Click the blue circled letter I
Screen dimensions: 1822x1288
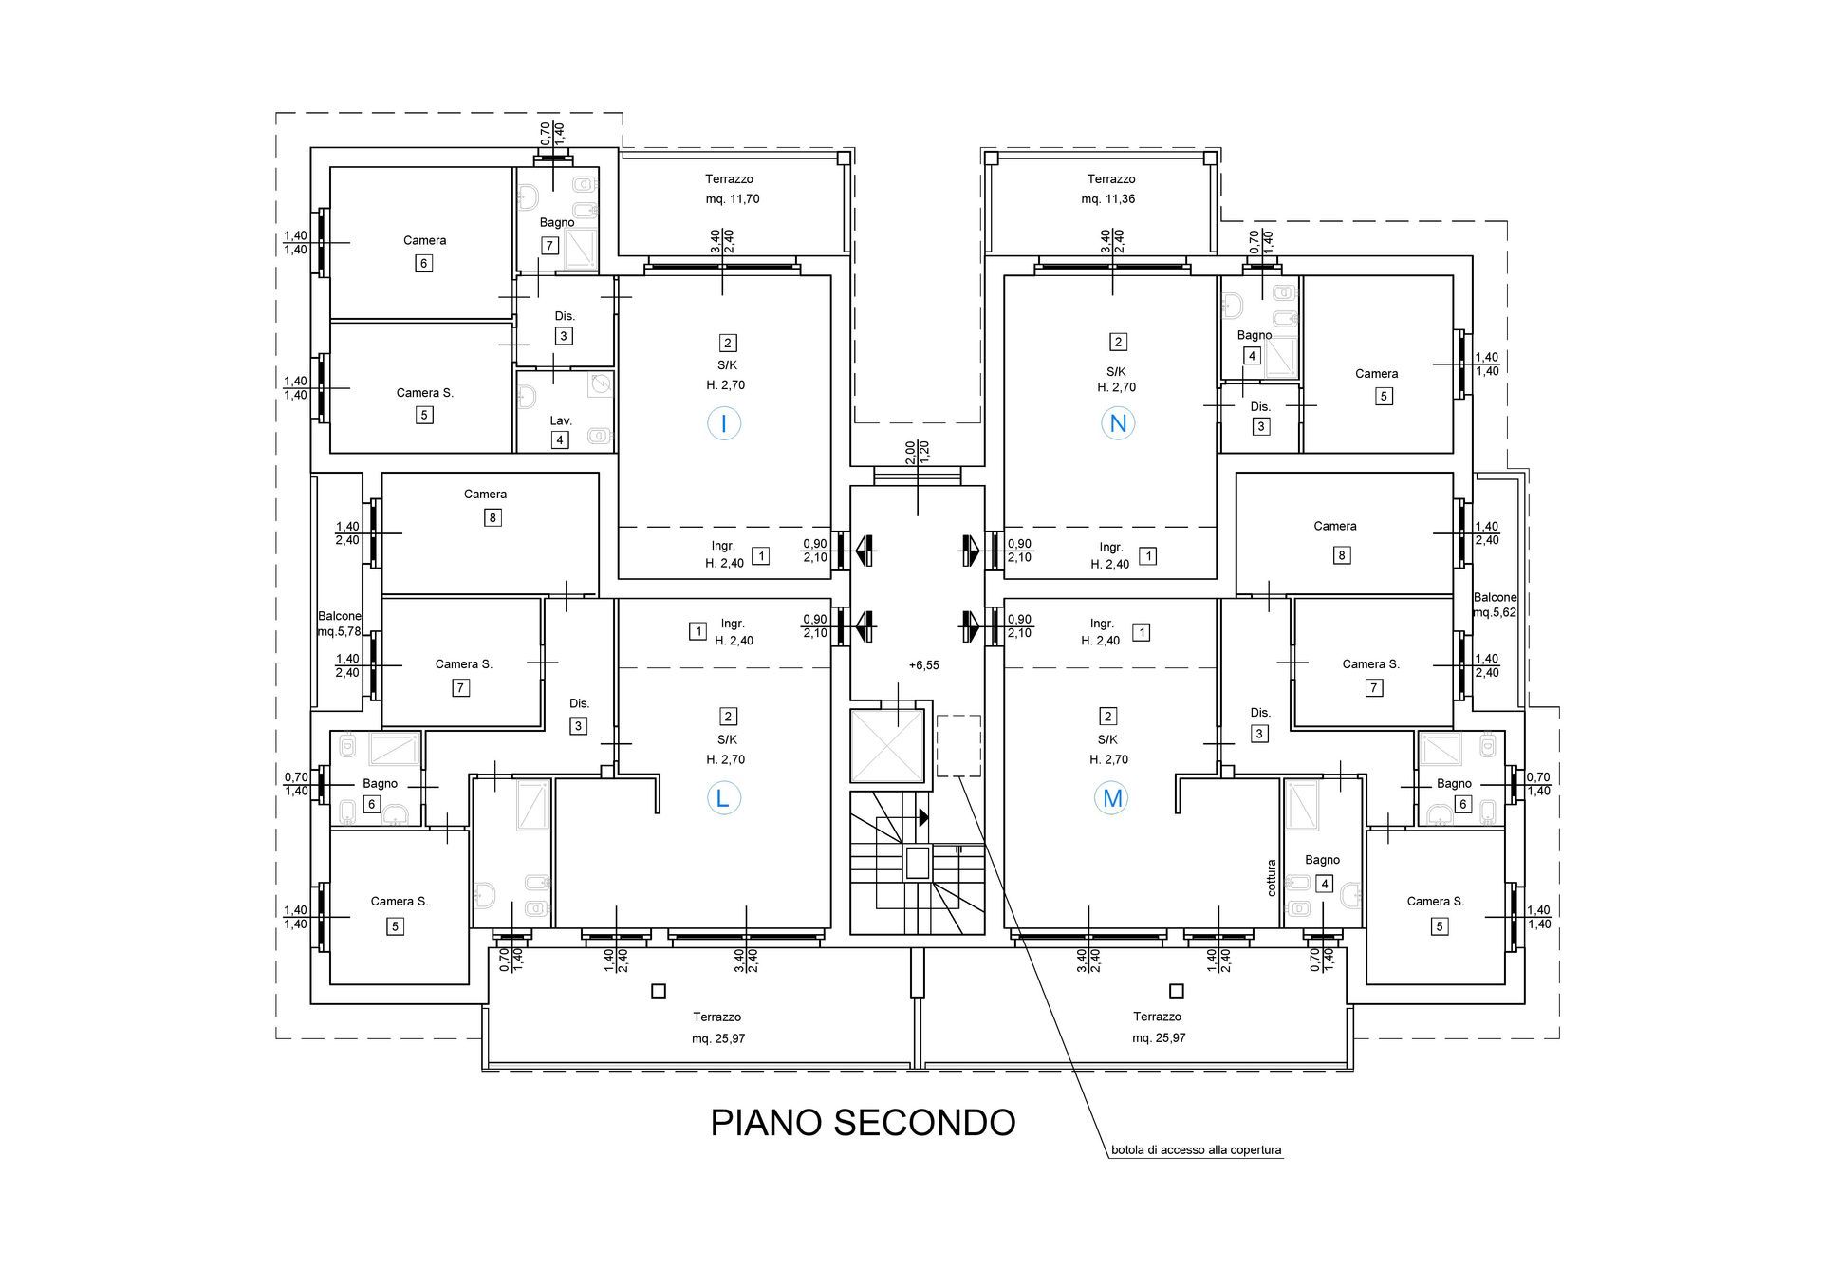point(724,423)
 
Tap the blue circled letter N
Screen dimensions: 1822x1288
point(1118,423)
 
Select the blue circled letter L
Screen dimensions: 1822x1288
point(722,798)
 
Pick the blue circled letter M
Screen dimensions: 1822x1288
point(1112,798)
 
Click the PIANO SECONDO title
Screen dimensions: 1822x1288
point(863,1123)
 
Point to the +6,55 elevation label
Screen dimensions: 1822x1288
point(923,665)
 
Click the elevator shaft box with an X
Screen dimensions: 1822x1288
point(886,746)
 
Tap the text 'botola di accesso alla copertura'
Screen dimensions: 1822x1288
point(1197,1150)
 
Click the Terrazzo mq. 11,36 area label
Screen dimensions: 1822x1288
point(1110,189)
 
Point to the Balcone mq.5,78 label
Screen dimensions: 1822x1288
point(339,624)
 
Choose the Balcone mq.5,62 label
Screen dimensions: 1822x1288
point(1495,606)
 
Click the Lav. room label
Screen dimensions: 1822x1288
point(561,420)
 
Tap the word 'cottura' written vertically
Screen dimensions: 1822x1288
point(1272,878)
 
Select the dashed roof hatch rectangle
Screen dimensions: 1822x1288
point(958,746)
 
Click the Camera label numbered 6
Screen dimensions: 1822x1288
point(424,240)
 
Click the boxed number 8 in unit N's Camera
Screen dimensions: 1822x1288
point(1342,555)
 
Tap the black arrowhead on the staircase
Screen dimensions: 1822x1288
point(923,817)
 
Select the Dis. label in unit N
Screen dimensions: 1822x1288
point(1260,406)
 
